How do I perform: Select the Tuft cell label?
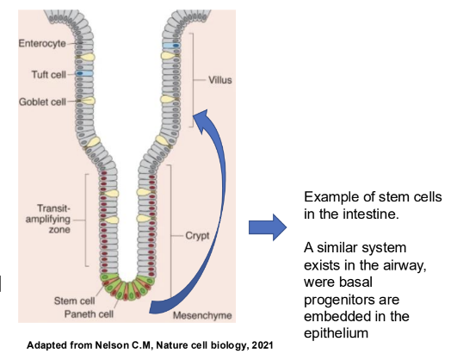pos(46,74)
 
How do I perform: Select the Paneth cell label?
pos(82,313)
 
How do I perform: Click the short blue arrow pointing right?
pos(265,228)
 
